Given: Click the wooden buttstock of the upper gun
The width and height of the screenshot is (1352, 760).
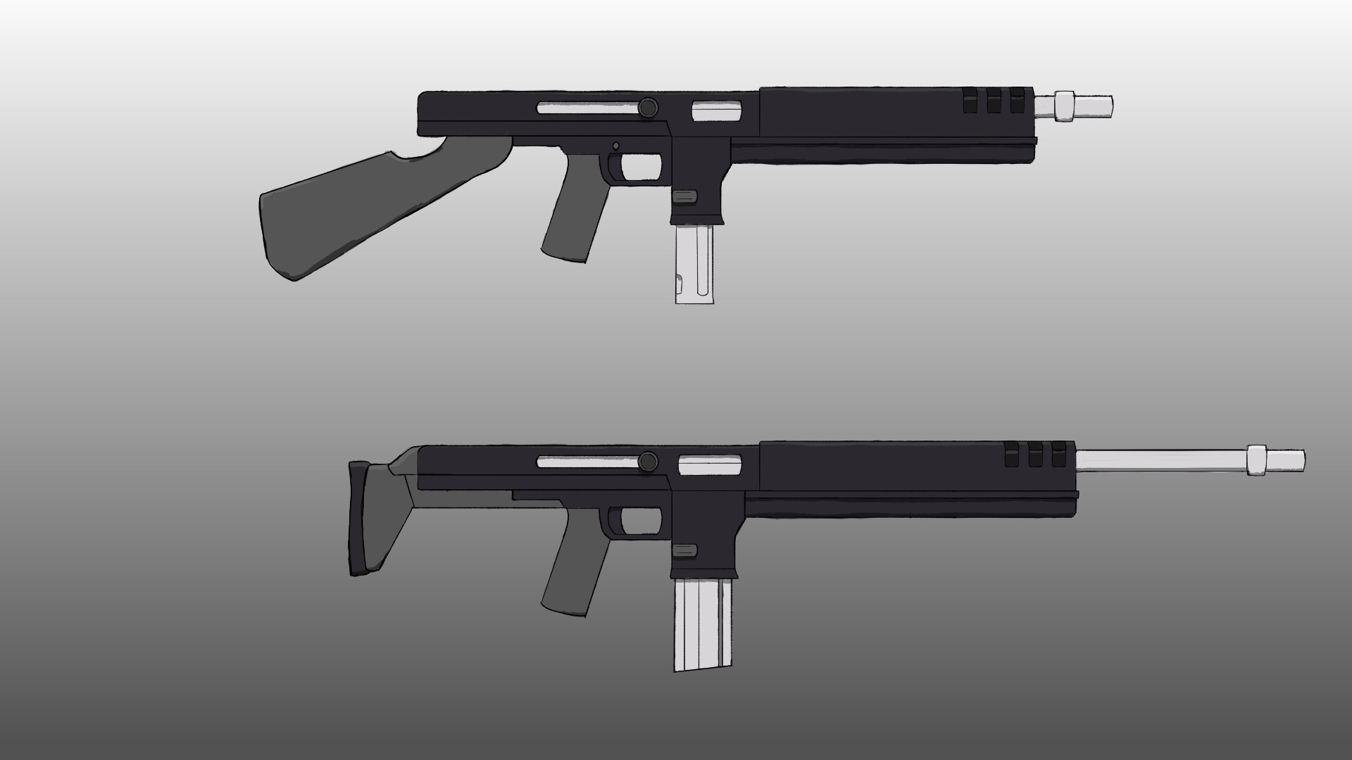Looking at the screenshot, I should click(331, 211).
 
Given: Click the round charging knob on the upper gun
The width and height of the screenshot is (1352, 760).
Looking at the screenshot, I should click(648, 108).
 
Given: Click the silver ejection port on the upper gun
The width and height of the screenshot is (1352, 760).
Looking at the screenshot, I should click(717, 110).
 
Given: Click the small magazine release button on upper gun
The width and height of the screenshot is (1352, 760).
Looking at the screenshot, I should click(685, 196).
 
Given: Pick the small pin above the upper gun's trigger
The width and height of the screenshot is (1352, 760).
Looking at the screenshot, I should click(616, 146).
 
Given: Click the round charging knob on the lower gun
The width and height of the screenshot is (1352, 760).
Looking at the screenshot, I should click(648, 462).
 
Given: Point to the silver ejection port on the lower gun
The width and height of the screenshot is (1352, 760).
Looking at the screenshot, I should click(710, 463).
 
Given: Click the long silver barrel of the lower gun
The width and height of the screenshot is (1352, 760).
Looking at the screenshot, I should click(1162, 461).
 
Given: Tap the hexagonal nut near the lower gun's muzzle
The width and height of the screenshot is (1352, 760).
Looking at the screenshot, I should click(1258, 461).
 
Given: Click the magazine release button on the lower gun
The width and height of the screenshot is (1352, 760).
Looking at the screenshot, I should click(685, 550).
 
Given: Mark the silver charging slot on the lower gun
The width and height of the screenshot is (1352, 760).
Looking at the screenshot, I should click(588, 462).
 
